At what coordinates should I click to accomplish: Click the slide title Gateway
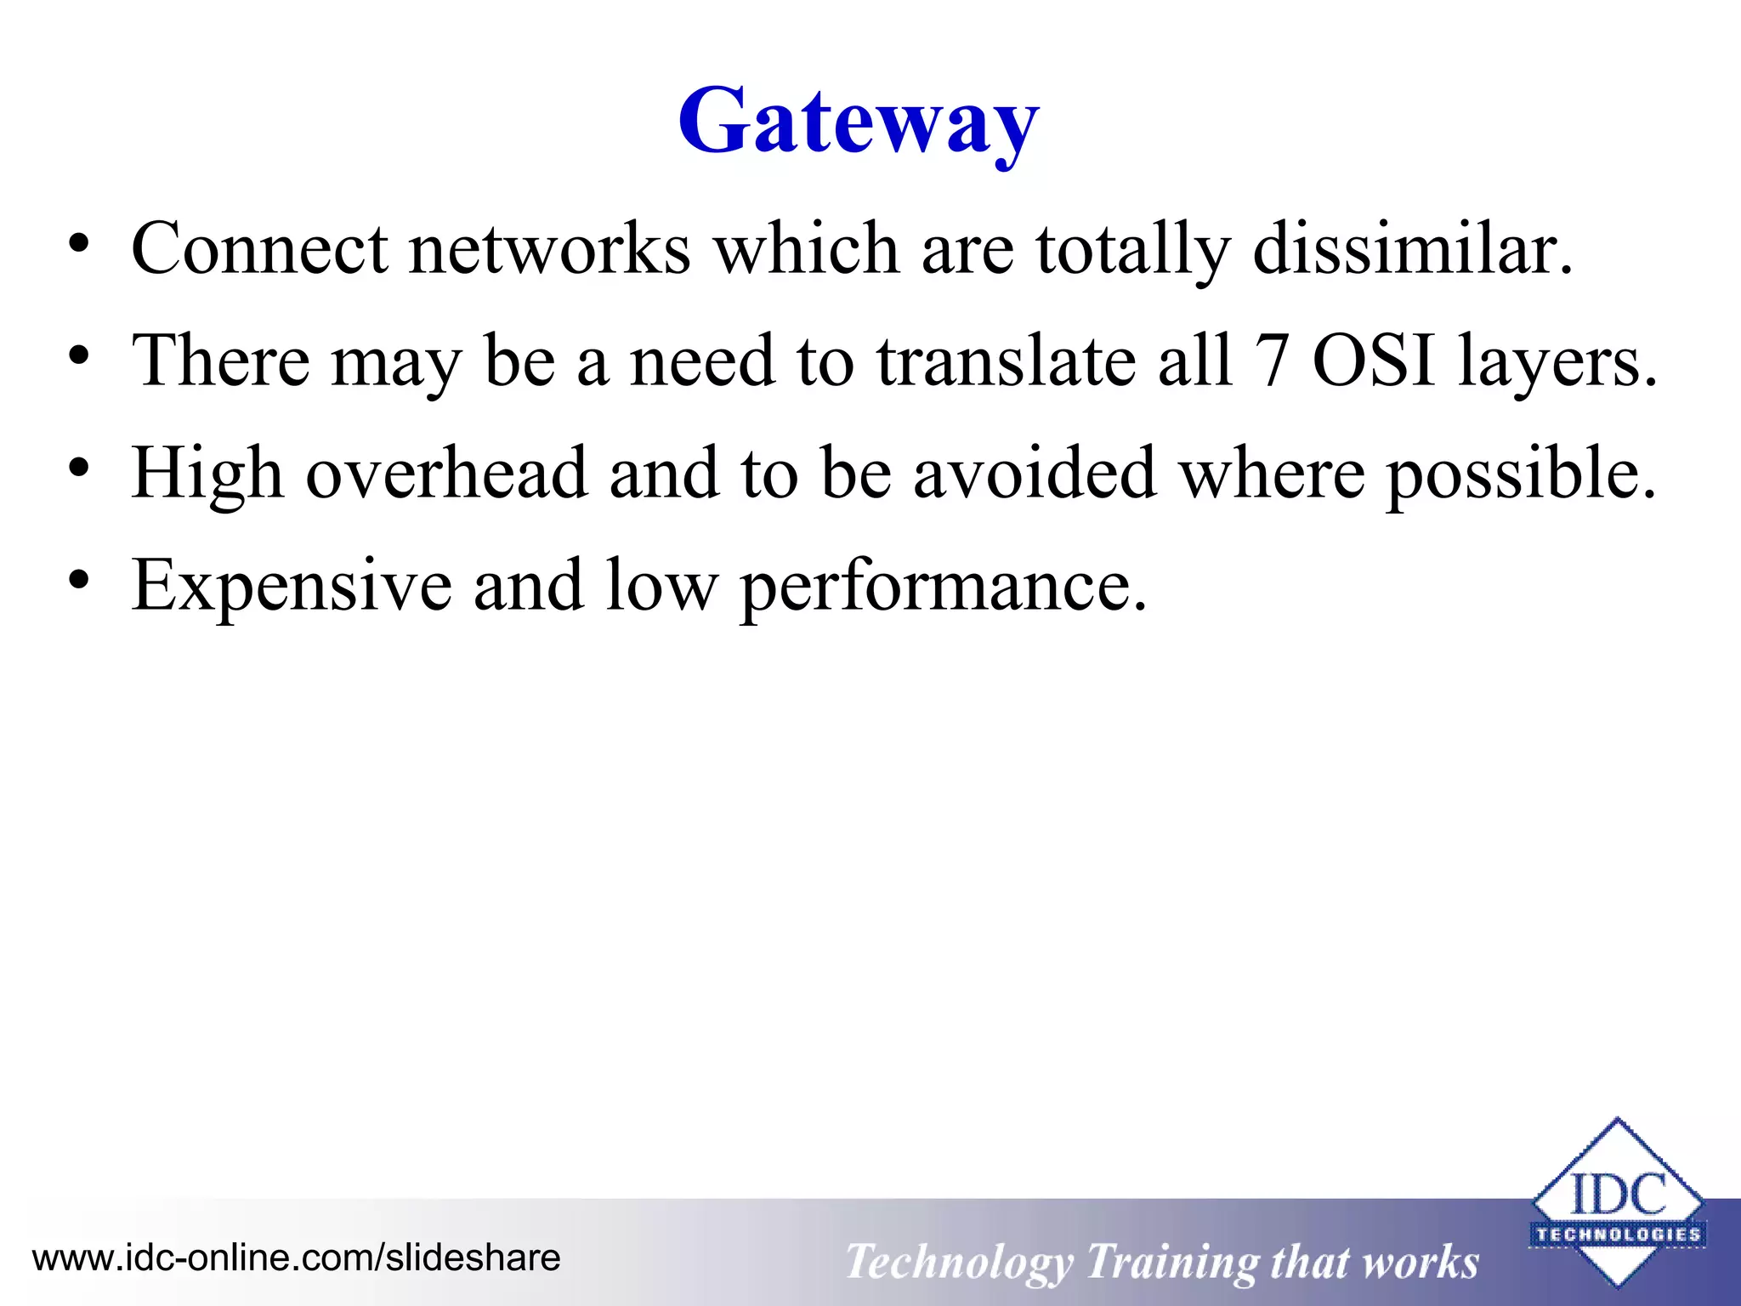pyautogui.click(x=859, y=122)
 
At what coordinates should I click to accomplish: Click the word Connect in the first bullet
pyautogui.click(x=259, y=248)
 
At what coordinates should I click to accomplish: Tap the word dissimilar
pyautogui.click(x=1412, y=248)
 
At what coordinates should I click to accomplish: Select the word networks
pyautogui.click(x=549, y=248)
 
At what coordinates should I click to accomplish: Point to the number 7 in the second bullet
pyautogui.click(x=1273, y=361)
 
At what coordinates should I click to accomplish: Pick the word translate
pyautogui.click(x=1007, y=361)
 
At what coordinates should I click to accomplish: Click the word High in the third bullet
pyautogui.click(x=207, y=474)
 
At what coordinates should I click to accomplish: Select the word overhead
pyautogui.click(x=446, y=473)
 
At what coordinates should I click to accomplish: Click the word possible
pyautogui.click(x=1521, y=474)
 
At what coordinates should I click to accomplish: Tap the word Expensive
pyautogui.click(x=291, y=586)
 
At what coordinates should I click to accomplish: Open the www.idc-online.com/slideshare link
pyautogui.click(x=296, y=1257)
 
